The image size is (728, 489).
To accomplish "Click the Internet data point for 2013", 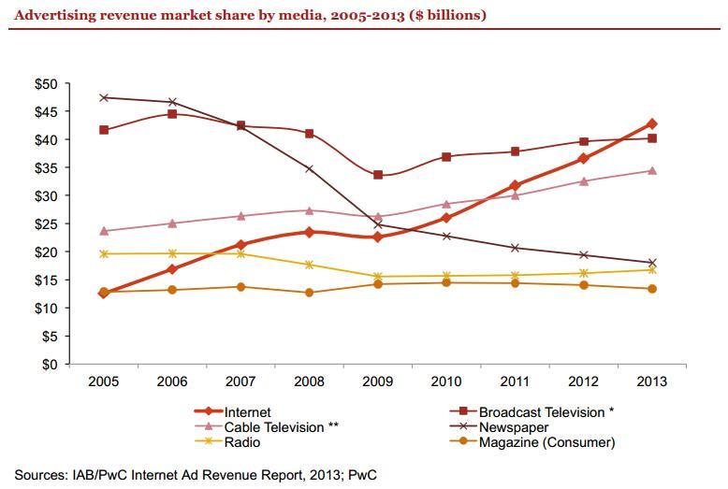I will point(652,123).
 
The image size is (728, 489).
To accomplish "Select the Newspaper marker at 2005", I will point(103,97).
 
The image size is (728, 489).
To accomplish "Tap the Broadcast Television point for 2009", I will point(377,175).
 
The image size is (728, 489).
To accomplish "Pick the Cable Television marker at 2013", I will point(652,170).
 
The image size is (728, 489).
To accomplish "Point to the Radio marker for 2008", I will point(309,265).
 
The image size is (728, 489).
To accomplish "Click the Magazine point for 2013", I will point(652,289).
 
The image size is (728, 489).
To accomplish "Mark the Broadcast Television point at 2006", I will point(172,114).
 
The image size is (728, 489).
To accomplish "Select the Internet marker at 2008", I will point(309,232).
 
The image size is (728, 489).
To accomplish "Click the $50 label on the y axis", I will point(45,84).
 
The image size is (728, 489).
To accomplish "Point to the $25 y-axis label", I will point(45,224).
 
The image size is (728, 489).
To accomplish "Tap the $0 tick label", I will point(49,365).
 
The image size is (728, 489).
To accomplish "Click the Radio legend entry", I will point(241,442).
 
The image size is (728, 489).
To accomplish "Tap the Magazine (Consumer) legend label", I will point(546,442).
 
